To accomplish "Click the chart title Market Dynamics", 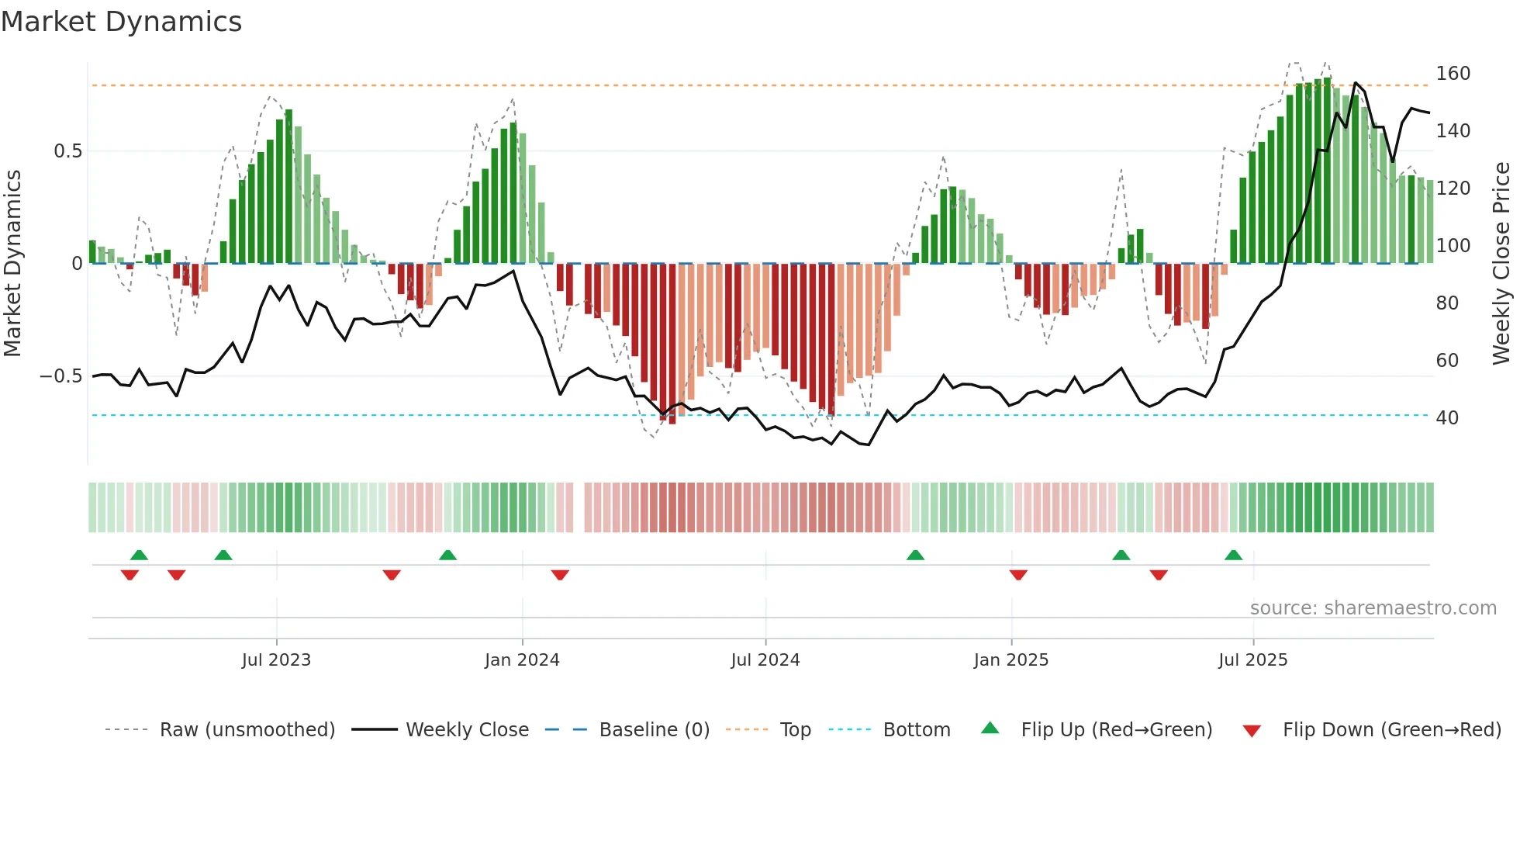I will tap(121, 22).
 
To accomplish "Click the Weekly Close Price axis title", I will tap(1501, 263).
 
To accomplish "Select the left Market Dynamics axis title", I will tap(12, 263).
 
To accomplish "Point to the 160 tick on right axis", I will tap(1453, 74).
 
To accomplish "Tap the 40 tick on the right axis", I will tap(1447, 418).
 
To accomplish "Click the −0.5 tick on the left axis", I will tap(60, 376).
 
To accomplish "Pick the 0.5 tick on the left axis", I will tap(67, 151).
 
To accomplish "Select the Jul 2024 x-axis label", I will tap(765, 660).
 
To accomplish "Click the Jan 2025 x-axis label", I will tap(1010, 660).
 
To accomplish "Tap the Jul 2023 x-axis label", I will tap(276, 660).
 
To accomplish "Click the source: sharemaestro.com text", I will tap(1373, 608).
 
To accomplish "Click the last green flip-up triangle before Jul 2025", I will tap(1233, 555).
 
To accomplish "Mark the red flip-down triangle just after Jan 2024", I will tap(560, 575).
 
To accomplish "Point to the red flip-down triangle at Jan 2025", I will tap(1018, 575).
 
